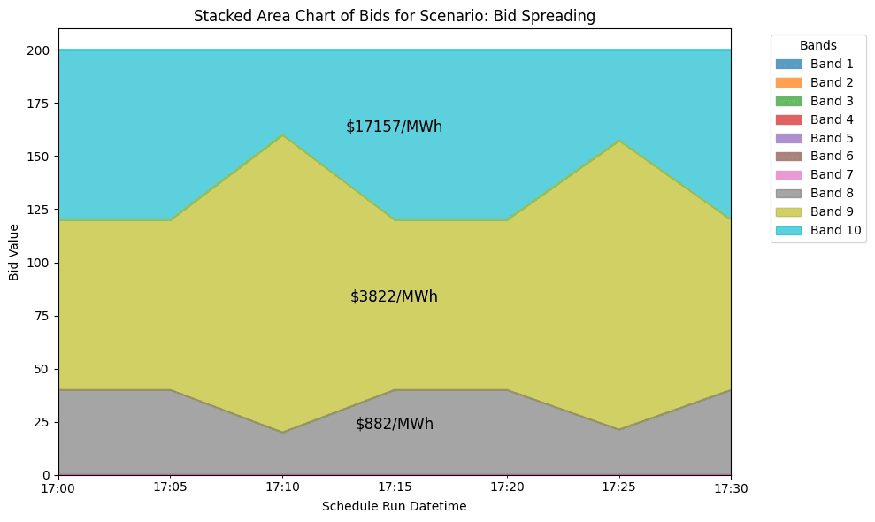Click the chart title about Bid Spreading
[394, 16]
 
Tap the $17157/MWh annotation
[394, 127]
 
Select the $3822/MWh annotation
[394, 296]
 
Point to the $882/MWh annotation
[394, 424]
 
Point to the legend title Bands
[817, 44]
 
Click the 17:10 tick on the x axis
[282, 487]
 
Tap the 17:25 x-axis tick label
[618, 487]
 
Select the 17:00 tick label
[58, 487]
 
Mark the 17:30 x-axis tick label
[731, 487]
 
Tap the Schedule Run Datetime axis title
[394, 506]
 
